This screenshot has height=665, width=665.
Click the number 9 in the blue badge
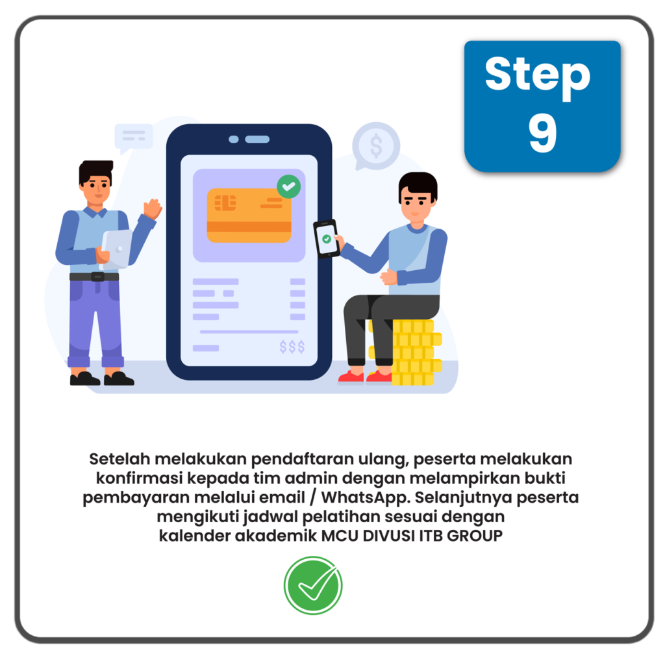[x=542, y=132]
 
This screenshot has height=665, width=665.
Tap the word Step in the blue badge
[x=537, y=76]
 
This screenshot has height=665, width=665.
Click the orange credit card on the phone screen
[x=249, y=216]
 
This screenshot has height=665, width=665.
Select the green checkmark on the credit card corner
[x=289, y=186]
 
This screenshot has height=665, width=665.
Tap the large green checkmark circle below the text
[x=313, y=585]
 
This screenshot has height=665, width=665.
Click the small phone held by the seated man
[x=327, y=239]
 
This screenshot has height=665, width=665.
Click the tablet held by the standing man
[x=116, y=249]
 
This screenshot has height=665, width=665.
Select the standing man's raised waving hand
[x=152, y=208]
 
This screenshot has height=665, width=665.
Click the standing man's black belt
[x=94, y=277]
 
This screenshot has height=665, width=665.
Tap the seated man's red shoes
[x=365, y=376]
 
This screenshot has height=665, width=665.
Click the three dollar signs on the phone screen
[x=292, y=347]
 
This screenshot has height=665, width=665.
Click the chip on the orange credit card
[x=225, y=203]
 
